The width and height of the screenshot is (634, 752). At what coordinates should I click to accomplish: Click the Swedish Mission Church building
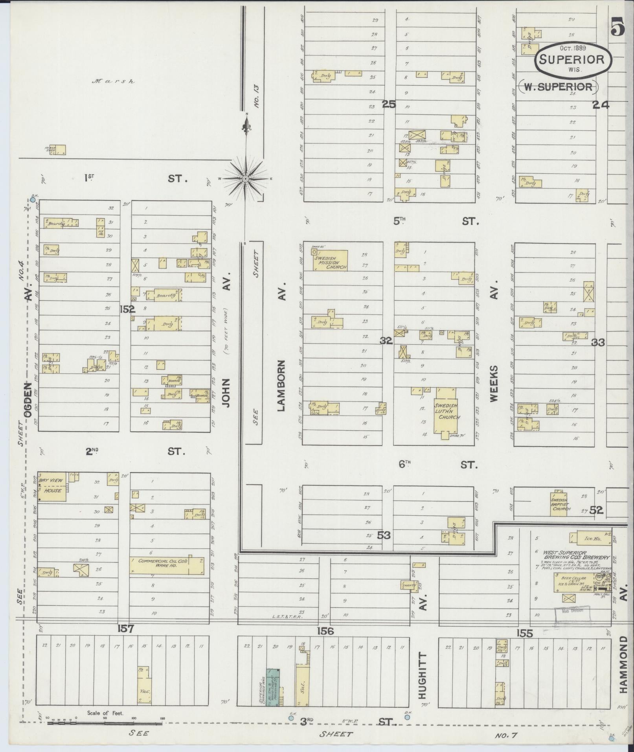[330, 260]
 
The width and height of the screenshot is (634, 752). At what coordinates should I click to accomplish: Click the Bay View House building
[52, 487]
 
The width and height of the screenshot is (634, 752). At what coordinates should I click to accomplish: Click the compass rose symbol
[245, 179]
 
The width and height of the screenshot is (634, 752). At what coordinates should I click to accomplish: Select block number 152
[128, 309]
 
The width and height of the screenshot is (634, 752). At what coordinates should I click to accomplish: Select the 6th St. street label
[438, 464]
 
